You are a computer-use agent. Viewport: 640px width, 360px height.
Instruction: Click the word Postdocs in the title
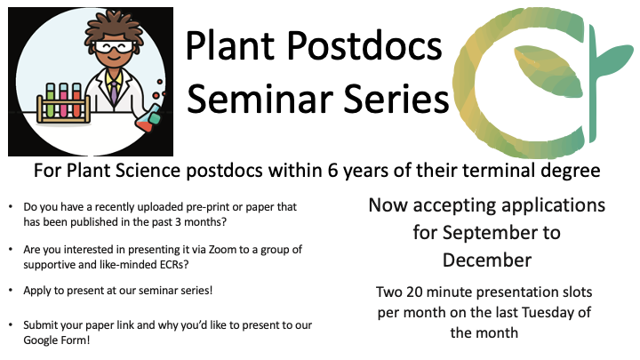pos(364,45)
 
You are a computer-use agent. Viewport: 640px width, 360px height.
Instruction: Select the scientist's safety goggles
pos(114,47)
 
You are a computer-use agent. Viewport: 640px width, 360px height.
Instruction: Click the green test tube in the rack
pos(50,100)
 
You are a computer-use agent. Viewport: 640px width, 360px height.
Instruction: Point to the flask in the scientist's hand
pos(148,119)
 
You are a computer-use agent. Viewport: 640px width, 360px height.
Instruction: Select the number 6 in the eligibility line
pos(333,171)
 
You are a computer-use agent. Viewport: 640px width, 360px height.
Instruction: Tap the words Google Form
pos(56,340)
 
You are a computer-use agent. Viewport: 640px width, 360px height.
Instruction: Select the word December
pos(487,260)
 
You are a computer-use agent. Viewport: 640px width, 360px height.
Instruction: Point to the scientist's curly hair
pos(114,28)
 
